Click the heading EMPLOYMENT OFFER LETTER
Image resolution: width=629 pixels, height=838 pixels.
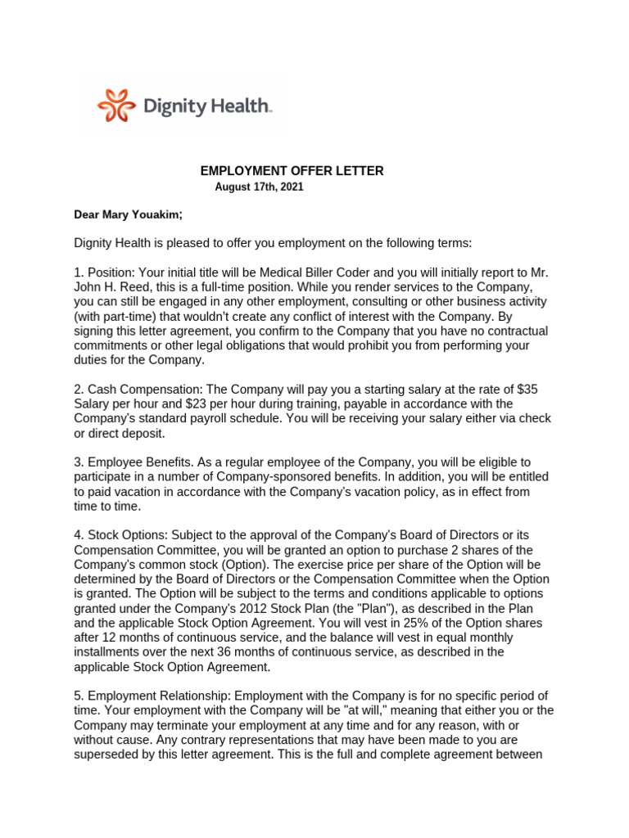(292, 171)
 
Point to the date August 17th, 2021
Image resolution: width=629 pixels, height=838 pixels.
(259, 187)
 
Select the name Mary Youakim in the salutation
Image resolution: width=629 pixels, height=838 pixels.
(143, 215)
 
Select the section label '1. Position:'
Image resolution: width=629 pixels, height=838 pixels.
(104, 273)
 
